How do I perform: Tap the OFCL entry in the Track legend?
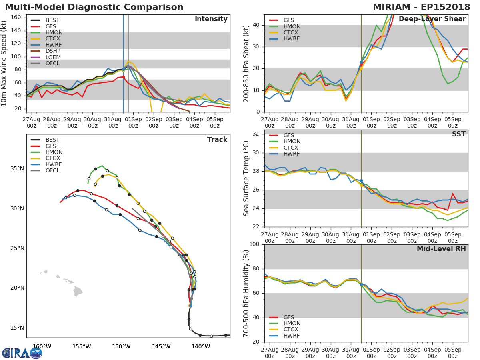(52, 171)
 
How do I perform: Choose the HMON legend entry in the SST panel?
(292, 142)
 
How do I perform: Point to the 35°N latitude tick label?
(17, 168)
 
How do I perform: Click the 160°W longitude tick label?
(42, 347)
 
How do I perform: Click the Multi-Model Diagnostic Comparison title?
(94, 7)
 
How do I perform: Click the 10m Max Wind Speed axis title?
(5, 63)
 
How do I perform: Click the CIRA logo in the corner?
(22, 353)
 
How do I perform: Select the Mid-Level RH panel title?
(441, 249)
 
